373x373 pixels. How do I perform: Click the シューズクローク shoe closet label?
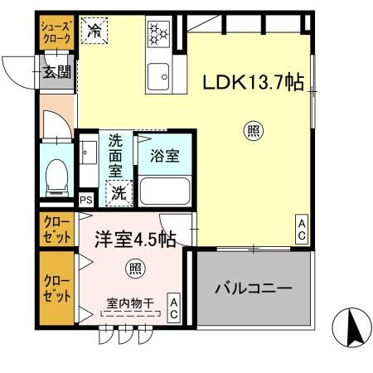[x=57, y=31]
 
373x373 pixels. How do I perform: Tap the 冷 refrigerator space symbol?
[x=95, y=31]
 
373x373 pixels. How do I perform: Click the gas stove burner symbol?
[x=157, y=34]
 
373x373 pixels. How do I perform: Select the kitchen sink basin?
[x=157, y=77]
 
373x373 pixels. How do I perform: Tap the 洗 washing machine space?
[x=119, y=195]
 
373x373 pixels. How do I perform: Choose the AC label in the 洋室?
[x=174, y=308]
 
